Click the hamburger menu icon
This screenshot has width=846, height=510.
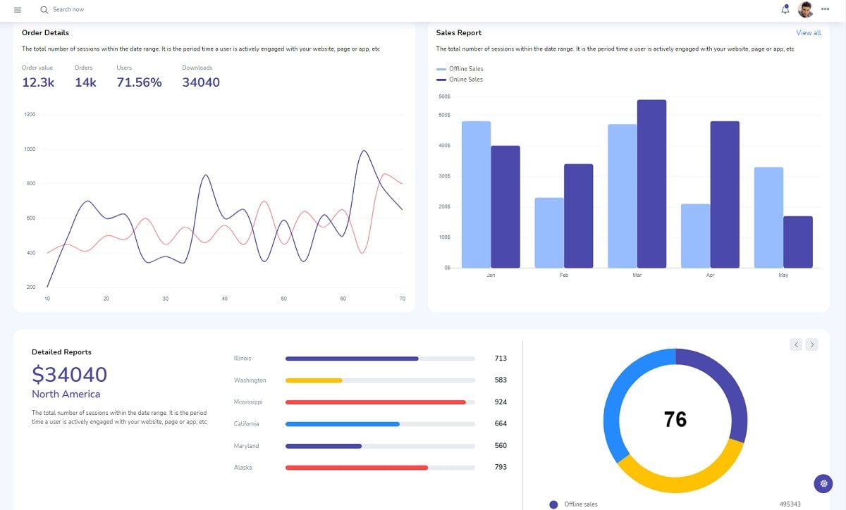pyautogui.click(x=18, y=10)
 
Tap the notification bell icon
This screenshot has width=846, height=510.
pyautogui.click(x=785, y=9)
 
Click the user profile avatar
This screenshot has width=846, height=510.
pyautogui.click(x=805, y=9)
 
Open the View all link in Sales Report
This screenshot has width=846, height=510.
pyautogui.click(x=808, y=33)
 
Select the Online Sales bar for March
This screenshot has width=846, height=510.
pyautogui.click(x=651, y=184)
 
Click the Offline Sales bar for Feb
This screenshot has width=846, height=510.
pyautogui.click(x=549, y=232)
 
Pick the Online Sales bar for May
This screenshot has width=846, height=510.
pyautogui.click(x=797, y=242)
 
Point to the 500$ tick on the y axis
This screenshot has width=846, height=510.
pyautogui.click(x=444, y=115)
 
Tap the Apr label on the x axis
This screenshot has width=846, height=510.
pyautogui.click(x=710, y=275)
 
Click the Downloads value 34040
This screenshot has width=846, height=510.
pyautogui.click(x=201, y=82)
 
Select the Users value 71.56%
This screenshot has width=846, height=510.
pyautogui.click(x=139, y=82)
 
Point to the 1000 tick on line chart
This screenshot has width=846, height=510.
pyautogui.click(x=30, y=149)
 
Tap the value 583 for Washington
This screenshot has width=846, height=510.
pyautogui.click(x=501, y=380)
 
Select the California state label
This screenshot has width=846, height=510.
pyautogui.click(x=246, y=424)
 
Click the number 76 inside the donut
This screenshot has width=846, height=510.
pyautogui.click(x=675, y=420)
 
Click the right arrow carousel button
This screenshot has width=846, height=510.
pyautogui.click(x=811, y=344)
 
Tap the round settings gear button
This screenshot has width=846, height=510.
pyautogui.click(x=823, y=484)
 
